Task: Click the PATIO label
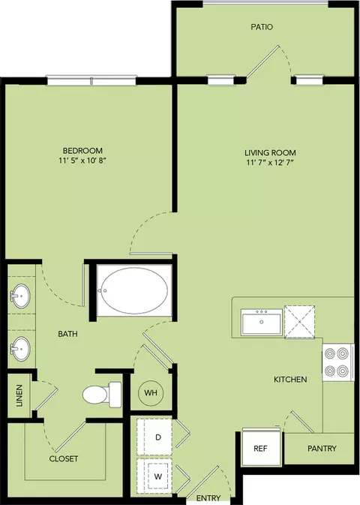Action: coord(262,27)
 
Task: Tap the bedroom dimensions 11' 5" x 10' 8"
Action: coord(82,161)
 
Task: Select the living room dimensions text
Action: coord(270,162)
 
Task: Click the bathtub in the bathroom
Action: coord(134,290)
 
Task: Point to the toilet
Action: coord(102,395)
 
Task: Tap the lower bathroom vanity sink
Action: coord(20,348)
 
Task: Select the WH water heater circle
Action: coord(151,393)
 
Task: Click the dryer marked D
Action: coord(154,437)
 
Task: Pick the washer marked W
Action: coord(154,476)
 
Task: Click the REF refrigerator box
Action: coord(261,448)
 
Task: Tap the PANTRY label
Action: coord(322,448)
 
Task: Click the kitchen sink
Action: coord(262,322)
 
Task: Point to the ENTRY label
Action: coord(208,498)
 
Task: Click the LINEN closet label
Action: coord(19,395)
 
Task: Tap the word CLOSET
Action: coord(64,458)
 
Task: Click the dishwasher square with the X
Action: coord(300,321)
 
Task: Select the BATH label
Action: coord(67,334)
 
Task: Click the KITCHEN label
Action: coord(290,380)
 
